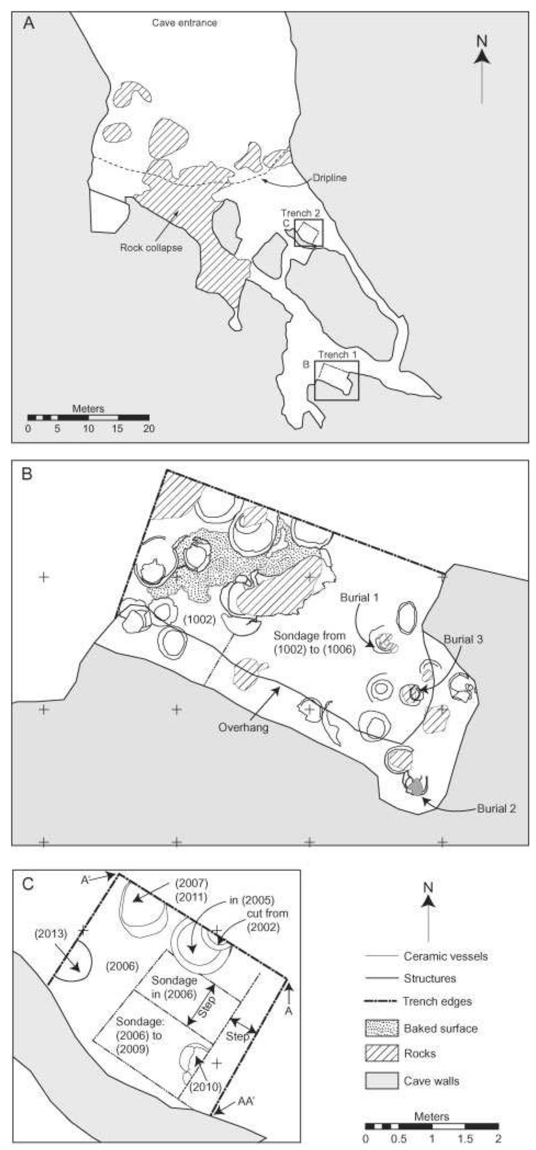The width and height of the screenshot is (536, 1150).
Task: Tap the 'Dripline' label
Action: (330, 178)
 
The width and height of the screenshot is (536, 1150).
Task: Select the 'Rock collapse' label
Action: (151, 248)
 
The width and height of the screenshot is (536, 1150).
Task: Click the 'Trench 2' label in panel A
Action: (300, 213)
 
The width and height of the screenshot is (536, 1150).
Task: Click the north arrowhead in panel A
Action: (482, 56)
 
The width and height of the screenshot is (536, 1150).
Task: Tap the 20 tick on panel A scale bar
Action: (149, 429)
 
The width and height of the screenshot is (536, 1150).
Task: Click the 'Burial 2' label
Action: (496, 809)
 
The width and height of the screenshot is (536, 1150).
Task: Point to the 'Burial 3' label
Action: (464, 640)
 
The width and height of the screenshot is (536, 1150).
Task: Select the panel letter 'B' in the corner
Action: (27, 474)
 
